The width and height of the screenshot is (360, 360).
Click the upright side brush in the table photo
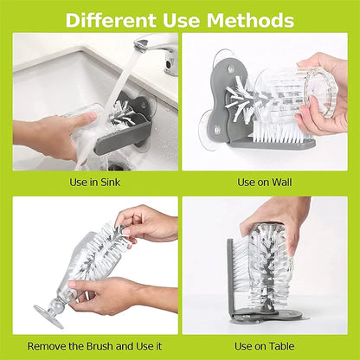231,268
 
